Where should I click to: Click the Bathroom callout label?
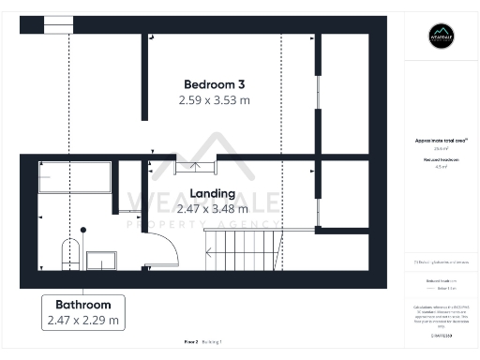tap(83, 305)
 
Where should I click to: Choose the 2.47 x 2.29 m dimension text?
tap(83, 321)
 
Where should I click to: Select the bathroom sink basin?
tap(99, 260)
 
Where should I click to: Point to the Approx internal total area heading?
tap(441, 141)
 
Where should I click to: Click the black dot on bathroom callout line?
tap(82, 229)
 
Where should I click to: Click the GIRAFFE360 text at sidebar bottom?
tap(441, 335)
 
